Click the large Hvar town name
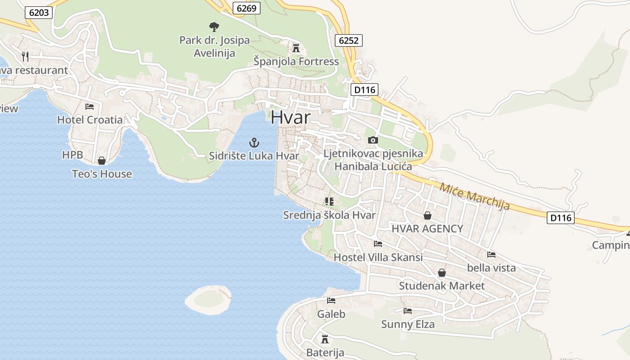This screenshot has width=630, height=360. [x=291, y=117]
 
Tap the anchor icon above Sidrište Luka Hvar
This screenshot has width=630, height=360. [x=254, y=143]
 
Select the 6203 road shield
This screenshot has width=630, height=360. [x=39, y=13]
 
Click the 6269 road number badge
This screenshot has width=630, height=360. [x=247, y=8]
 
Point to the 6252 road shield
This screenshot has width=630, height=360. [x=349, y=40]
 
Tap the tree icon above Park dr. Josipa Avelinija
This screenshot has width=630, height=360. [x=214, y=27]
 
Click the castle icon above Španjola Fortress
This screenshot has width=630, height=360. [x=296, y=47]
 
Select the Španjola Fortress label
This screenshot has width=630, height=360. [x=296, y=61]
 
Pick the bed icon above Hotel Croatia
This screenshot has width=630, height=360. [x=90, y=107]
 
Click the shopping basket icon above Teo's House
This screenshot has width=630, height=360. [x=102, y=161]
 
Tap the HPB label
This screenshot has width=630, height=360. [x=72, y=155]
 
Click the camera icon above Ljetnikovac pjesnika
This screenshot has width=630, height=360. [x=373, y=140]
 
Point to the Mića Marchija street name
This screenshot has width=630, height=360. [x=475, y=196]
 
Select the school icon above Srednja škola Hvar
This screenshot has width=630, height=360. [x=329, y=202]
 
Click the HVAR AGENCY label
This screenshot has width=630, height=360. [x=427, y=229]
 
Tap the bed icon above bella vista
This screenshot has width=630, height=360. [x=491, y=255]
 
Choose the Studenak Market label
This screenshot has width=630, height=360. [x=442, y=286]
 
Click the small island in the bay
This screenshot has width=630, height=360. [x=208, y=300]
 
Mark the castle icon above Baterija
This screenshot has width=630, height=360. [x=325, y=339]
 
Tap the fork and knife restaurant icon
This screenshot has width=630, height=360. [x=25, y=56]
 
